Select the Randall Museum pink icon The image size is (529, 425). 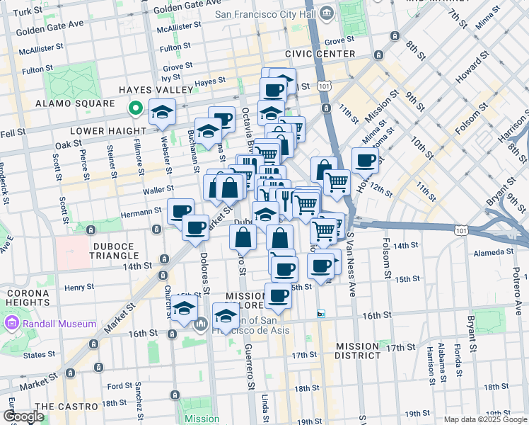(x=11, y=324)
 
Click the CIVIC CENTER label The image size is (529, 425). (x=320, y=54)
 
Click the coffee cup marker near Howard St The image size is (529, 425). (x=365, y=161)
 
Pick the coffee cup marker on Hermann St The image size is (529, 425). (x=180, y=210)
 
